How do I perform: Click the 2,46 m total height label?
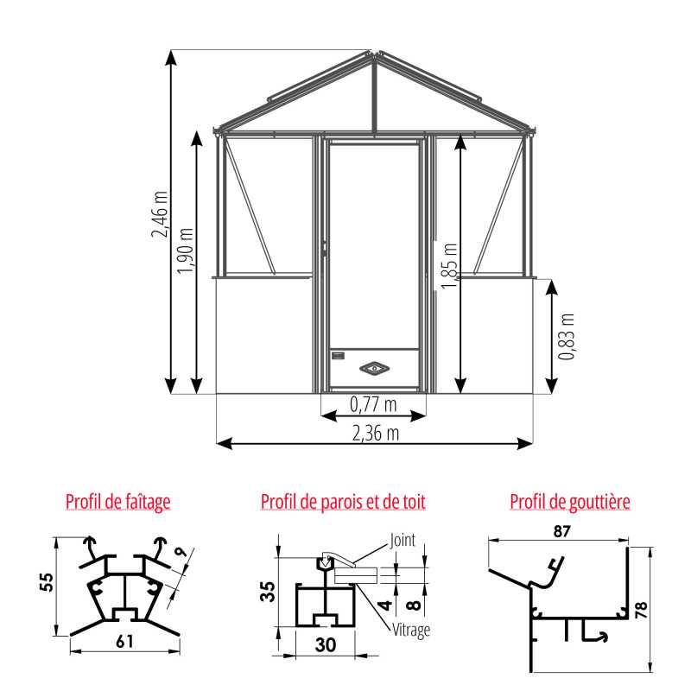point(160,214)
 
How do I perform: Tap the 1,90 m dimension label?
point(185,251)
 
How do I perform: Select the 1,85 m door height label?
point(449,266)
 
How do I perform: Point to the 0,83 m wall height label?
point(567,337)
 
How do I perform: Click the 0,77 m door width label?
point(373,404)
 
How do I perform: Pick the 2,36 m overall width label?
point(376,434)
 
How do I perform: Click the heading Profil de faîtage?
point(118,502)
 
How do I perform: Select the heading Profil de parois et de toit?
point(343,502)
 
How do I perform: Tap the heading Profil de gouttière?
point(570,502)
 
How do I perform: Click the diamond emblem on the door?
point(375,368)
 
